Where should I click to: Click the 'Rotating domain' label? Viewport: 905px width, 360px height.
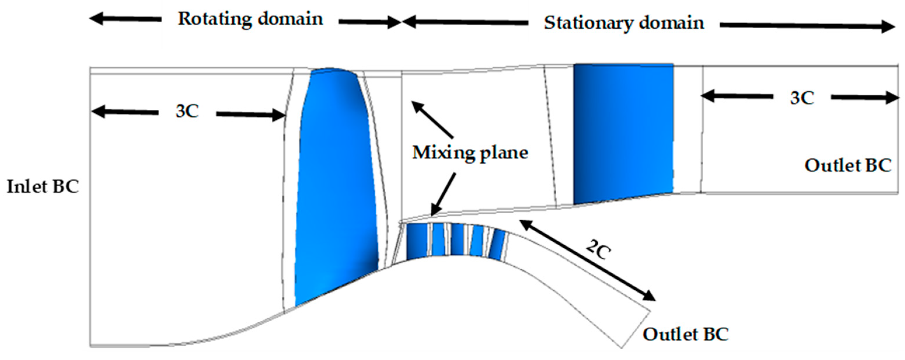tap(250, 19)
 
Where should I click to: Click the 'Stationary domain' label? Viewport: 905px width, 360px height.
tap(624, 23)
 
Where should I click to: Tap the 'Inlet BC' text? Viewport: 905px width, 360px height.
tap(43, 186)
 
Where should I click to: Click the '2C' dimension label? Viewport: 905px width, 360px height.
tap(598, 250)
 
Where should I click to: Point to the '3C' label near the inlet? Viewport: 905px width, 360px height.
tap(187, 112)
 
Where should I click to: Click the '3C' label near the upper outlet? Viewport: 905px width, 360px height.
tap(802, 98)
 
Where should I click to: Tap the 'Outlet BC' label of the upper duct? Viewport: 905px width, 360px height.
tap(848, 165)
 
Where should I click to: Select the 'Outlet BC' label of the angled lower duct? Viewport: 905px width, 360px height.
tap(686, 334)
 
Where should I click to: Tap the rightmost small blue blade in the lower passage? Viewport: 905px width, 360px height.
tap(497, 244)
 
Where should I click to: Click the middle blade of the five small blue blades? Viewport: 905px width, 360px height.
tap(457, 240)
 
